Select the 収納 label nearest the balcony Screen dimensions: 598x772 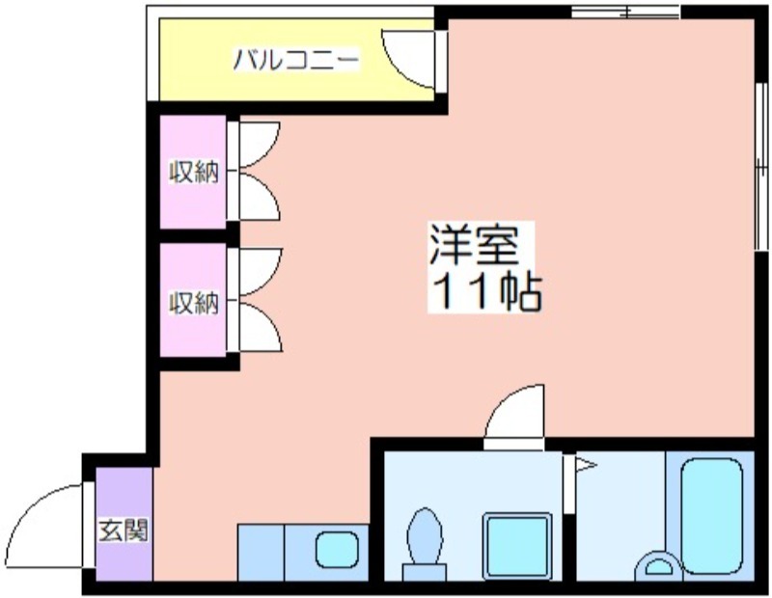(x=194, y=174)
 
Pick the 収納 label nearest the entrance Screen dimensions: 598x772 (x=194, y=303)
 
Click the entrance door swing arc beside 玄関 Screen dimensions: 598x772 (x=48, y=521)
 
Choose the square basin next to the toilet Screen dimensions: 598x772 (x=516, y=546)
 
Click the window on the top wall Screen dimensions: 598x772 (x=625, y=12)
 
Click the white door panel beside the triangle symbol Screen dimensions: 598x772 (x=570, y=511)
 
